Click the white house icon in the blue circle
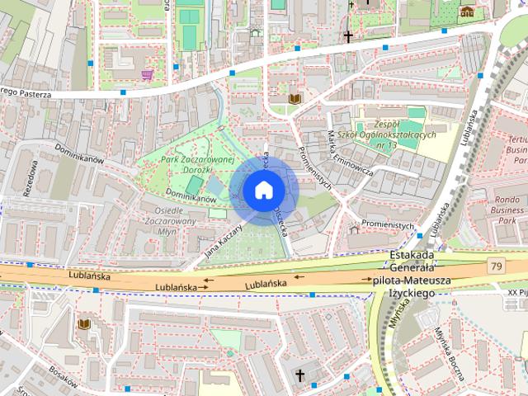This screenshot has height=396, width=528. pyautogui.click(x=263, y=191)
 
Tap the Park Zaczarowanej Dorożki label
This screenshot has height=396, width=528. pyautogui.click(x=199, y=165)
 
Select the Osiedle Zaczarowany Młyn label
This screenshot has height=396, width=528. pyautogui.click(x=169, y=221)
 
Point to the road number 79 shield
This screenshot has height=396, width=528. pyautogui.click(x=495, y=266)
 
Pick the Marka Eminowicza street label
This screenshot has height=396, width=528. pyautogui.click(x=350, y=154)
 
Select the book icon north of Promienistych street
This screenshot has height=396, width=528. pyautogui.click(x=295, y=100)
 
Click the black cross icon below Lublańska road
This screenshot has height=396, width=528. pyautogui.click(x=299, y=376)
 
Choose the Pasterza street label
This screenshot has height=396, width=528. pyautogui.click(x=33, y=94)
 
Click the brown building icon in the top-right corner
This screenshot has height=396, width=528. pyautogui.click(x=467, y=12)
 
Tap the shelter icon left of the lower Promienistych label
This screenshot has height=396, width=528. pyautogui.click(x=354, y=229)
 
